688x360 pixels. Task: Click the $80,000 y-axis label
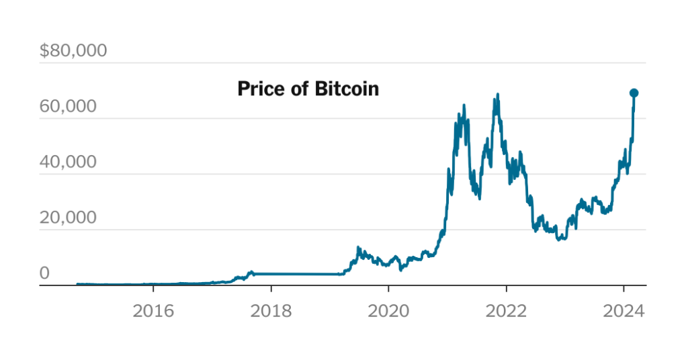(x=73, y=51)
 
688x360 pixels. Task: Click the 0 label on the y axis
(x=44, y=273)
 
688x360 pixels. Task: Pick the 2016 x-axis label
(x=153, y=312)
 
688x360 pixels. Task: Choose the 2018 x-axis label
(x=271, y=312)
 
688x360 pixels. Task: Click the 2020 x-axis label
(x=388, y=312)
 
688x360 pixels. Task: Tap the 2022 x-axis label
(x=506, y=312)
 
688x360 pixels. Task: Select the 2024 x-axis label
(x=623, y=312)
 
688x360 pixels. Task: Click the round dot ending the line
(x=634, y=93)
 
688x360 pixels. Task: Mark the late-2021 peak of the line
(x=497, y=95)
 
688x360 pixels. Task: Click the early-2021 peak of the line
(x=464, y=106)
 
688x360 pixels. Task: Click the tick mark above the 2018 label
(x=271, y=289)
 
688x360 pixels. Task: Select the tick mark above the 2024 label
(x=623, y=289)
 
